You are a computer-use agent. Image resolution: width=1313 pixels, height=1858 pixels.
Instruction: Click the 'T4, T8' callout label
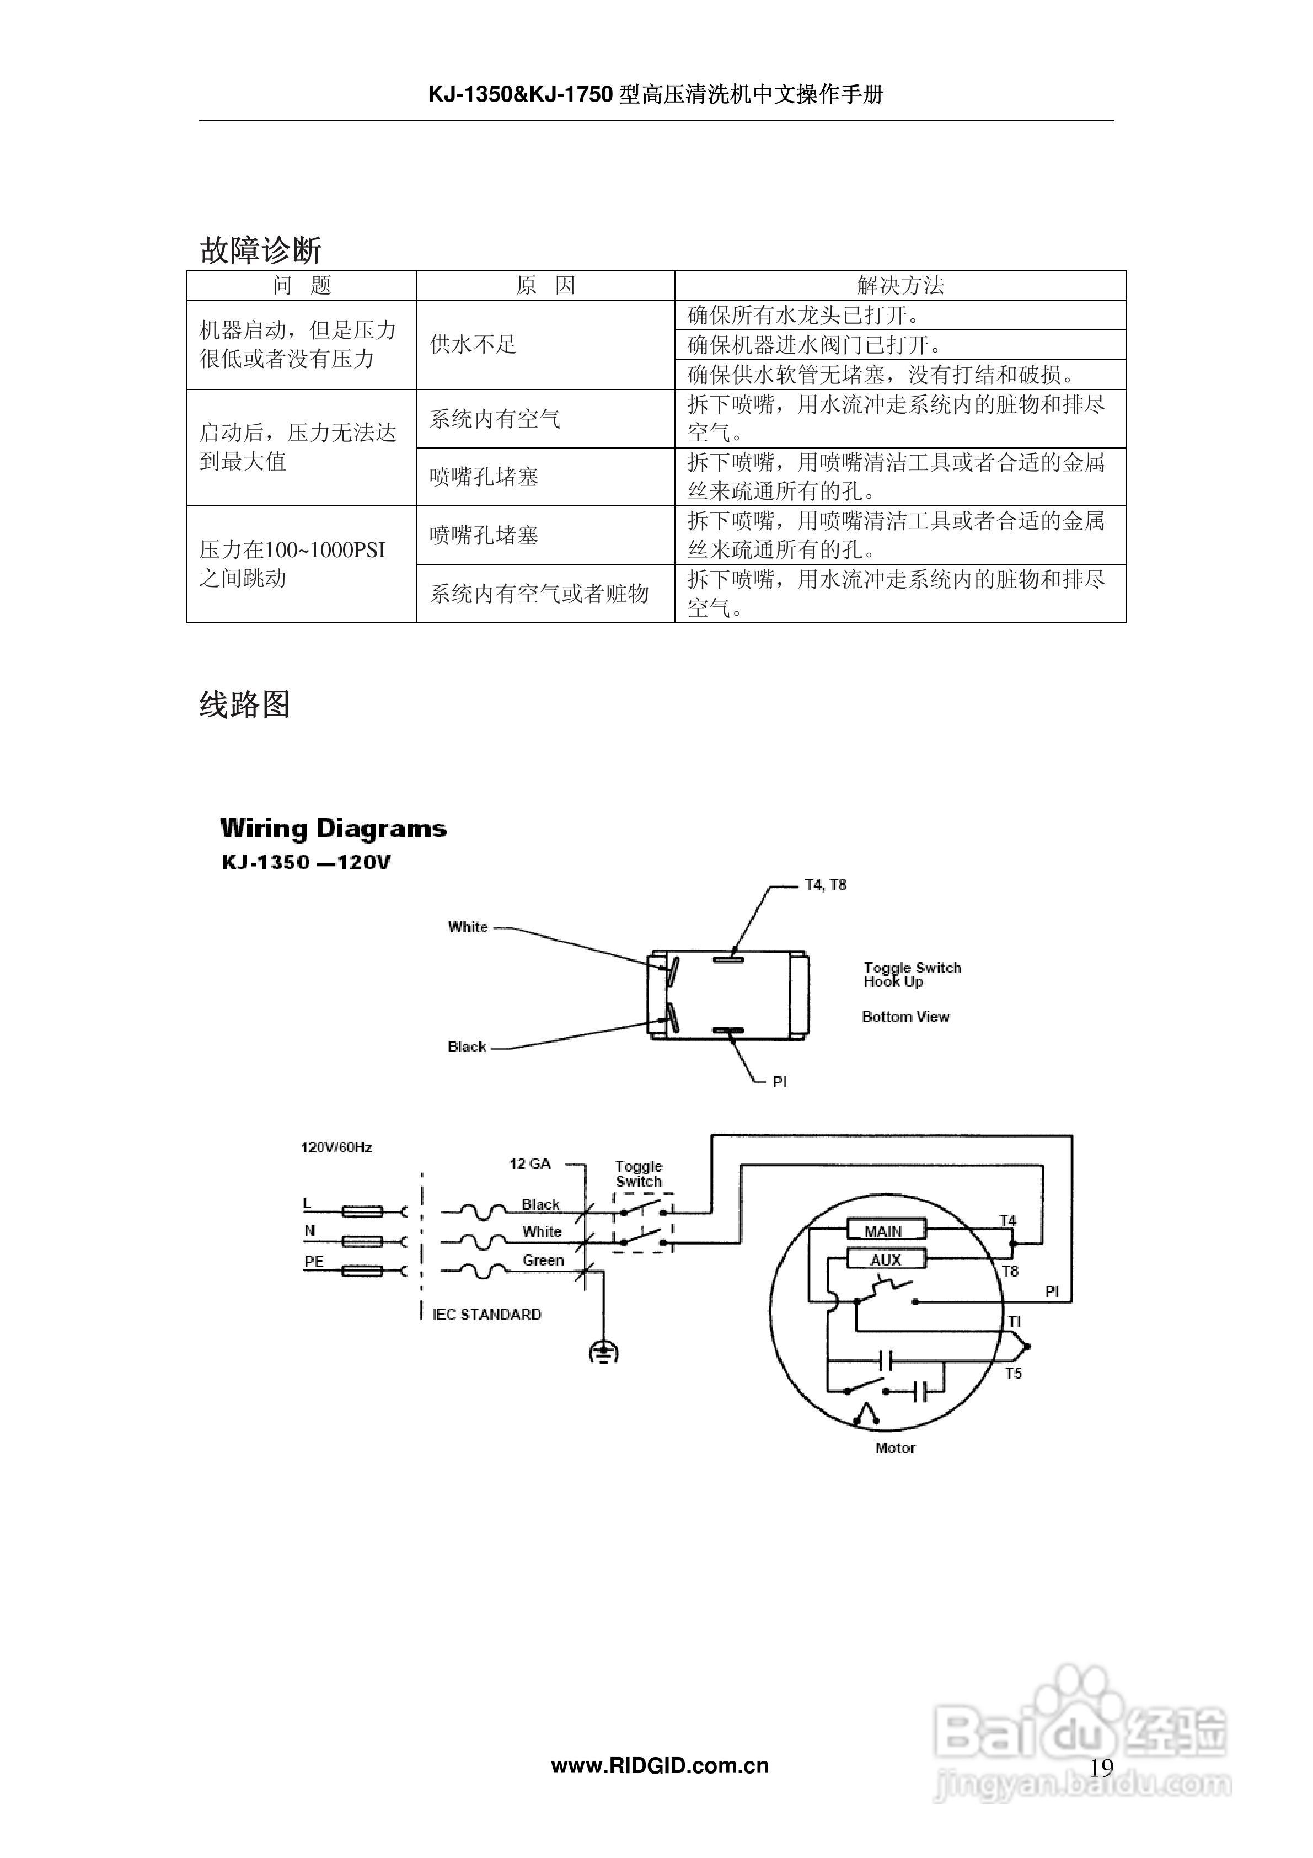point(824,885)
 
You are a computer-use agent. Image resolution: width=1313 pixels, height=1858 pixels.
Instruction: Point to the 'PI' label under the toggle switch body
point(779,1082)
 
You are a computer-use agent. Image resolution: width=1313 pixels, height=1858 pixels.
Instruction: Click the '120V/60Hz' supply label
point(336,1147)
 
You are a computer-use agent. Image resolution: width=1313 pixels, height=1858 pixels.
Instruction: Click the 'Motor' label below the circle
point(895,1448)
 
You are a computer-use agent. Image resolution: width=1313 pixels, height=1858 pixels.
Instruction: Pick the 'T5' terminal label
point(1013,1373)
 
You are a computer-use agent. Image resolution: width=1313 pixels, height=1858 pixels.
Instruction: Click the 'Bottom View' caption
point(905,1017)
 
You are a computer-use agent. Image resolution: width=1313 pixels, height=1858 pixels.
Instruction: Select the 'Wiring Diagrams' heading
point(333,829)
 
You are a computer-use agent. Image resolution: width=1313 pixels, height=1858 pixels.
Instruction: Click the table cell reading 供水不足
point(473,345)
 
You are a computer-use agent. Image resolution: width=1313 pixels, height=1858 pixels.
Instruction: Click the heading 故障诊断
point(260,250)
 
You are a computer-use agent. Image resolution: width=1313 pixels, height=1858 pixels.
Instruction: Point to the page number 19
point(1101,1768)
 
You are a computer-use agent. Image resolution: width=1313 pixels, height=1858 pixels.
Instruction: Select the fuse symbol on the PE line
point(362,1271)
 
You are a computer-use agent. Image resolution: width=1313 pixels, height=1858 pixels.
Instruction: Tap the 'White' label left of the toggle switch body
point(468,927)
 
